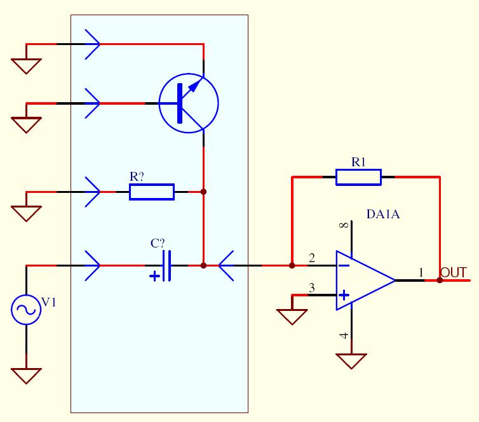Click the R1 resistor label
(358, 162)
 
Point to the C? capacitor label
(158, 244)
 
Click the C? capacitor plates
(167, 266)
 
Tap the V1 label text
(49, 303)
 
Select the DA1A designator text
(383, 214)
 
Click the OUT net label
(454, 272)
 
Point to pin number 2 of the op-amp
(311, 258)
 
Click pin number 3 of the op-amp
(311, 287)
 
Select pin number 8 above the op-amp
(344, 225)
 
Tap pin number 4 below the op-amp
(344, 336)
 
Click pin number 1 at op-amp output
(421, 272)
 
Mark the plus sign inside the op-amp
(344, 295)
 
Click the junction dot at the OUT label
(440, 280)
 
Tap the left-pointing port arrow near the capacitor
(226, 266)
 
